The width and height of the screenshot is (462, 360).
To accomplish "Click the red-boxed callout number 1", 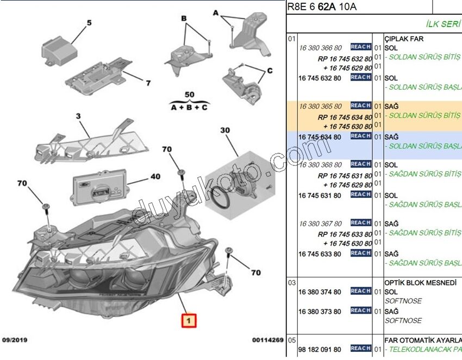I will [x=188, y=321].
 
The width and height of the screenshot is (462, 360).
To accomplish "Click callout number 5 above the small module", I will [x=89, y=23].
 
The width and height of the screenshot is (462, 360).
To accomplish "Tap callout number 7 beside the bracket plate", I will [x=147, y=83].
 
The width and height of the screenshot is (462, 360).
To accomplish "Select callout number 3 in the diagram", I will [x=78, y=116].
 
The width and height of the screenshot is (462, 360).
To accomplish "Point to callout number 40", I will [x=155, y=177].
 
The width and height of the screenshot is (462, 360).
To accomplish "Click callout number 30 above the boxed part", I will [x=225, y=131].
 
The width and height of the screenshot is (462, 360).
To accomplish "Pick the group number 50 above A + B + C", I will [x=189, y=95].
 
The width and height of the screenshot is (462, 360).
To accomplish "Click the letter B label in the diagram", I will [x=184, y=18].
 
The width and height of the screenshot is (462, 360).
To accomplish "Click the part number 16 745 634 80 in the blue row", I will [x=320, y=137].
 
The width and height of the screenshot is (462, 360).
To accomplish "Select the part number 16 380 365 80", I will [x=321, y=107].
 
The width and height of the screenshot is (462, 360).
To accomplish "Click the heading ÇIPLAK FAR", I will [x=403, y=39].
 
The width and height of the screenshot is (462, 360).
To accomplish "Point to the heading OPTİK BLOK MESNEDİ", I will [x=423, y=283].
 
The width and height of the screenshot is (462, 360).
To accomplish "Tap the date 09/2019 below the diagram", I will [x=15, y=340].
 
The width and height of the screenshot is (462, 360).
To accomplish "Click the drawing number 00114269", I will [x=268, y=340].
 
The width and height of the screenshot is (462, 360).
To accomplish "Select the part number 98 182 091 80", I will [x=320, y=349].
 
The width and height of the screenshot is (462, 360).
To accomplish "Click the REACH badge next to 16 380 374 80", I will [x=361, y=291].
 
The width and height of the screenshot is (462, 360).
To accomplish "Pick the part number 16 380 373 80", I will [x=320, y=312].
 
